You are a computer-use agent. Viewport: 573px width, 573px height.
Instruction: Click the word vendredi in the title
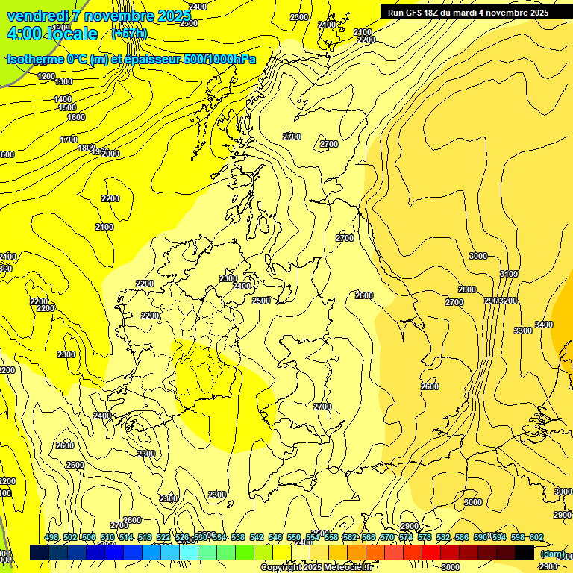coord(37,16)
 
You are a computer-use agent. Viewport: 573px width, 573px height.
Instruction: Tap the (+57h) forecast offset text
coord(129,34)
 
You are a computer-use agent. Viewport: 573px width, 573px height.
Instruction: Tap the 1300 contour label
coord(63,81)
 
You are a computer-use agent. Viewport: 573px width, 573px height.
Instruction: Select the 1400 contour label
coord(63,99)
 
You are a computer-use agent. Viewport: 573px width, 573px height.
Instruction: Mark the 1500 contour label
coord(67,107)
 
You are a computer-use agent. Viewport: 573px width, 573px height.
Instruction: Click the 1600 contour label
coord(76,117)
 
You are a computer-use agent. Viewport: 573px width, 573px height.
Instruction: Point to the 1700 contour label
coord(69,140)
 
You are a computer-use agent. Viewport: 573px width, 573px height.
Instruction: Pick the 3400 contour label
coord(544,325)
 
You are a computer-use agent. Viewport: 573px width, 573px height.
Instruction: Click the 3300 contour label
coord(523,331)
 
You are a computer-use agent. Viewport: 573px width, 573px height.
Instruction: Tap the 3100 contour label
coord(508,275)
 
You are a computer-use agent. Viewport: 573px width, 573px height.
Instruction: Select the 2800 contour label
coord(467,289)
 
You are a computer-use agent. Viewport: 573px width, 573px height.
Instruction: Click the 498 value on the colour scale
coord(51,538)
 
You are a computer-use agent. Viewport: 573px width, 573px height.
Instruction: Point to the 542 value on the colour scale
coord(257,538)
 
